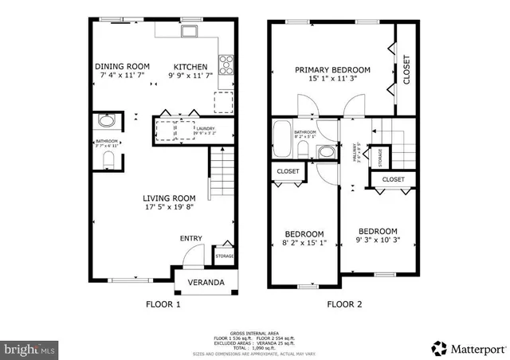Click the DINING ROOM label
[x=122, y=67]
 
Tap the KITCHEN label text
[x=190, y=67]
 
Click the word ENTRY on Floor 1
[x=190, y=238]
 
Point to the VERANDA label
[x=206, y=283]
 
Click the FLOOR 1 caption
[x=163, y=304]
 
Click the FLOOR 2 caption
[x=343, y=304]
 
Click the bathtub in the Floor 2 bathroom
[x=282, y=140]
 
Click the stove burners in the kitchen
[x=225, y=61]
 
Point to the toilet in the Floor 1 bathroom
[x=108, y=159]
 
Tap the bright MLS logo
[x=30, y=349]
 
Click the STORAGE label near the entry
[x=224, y=256]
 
